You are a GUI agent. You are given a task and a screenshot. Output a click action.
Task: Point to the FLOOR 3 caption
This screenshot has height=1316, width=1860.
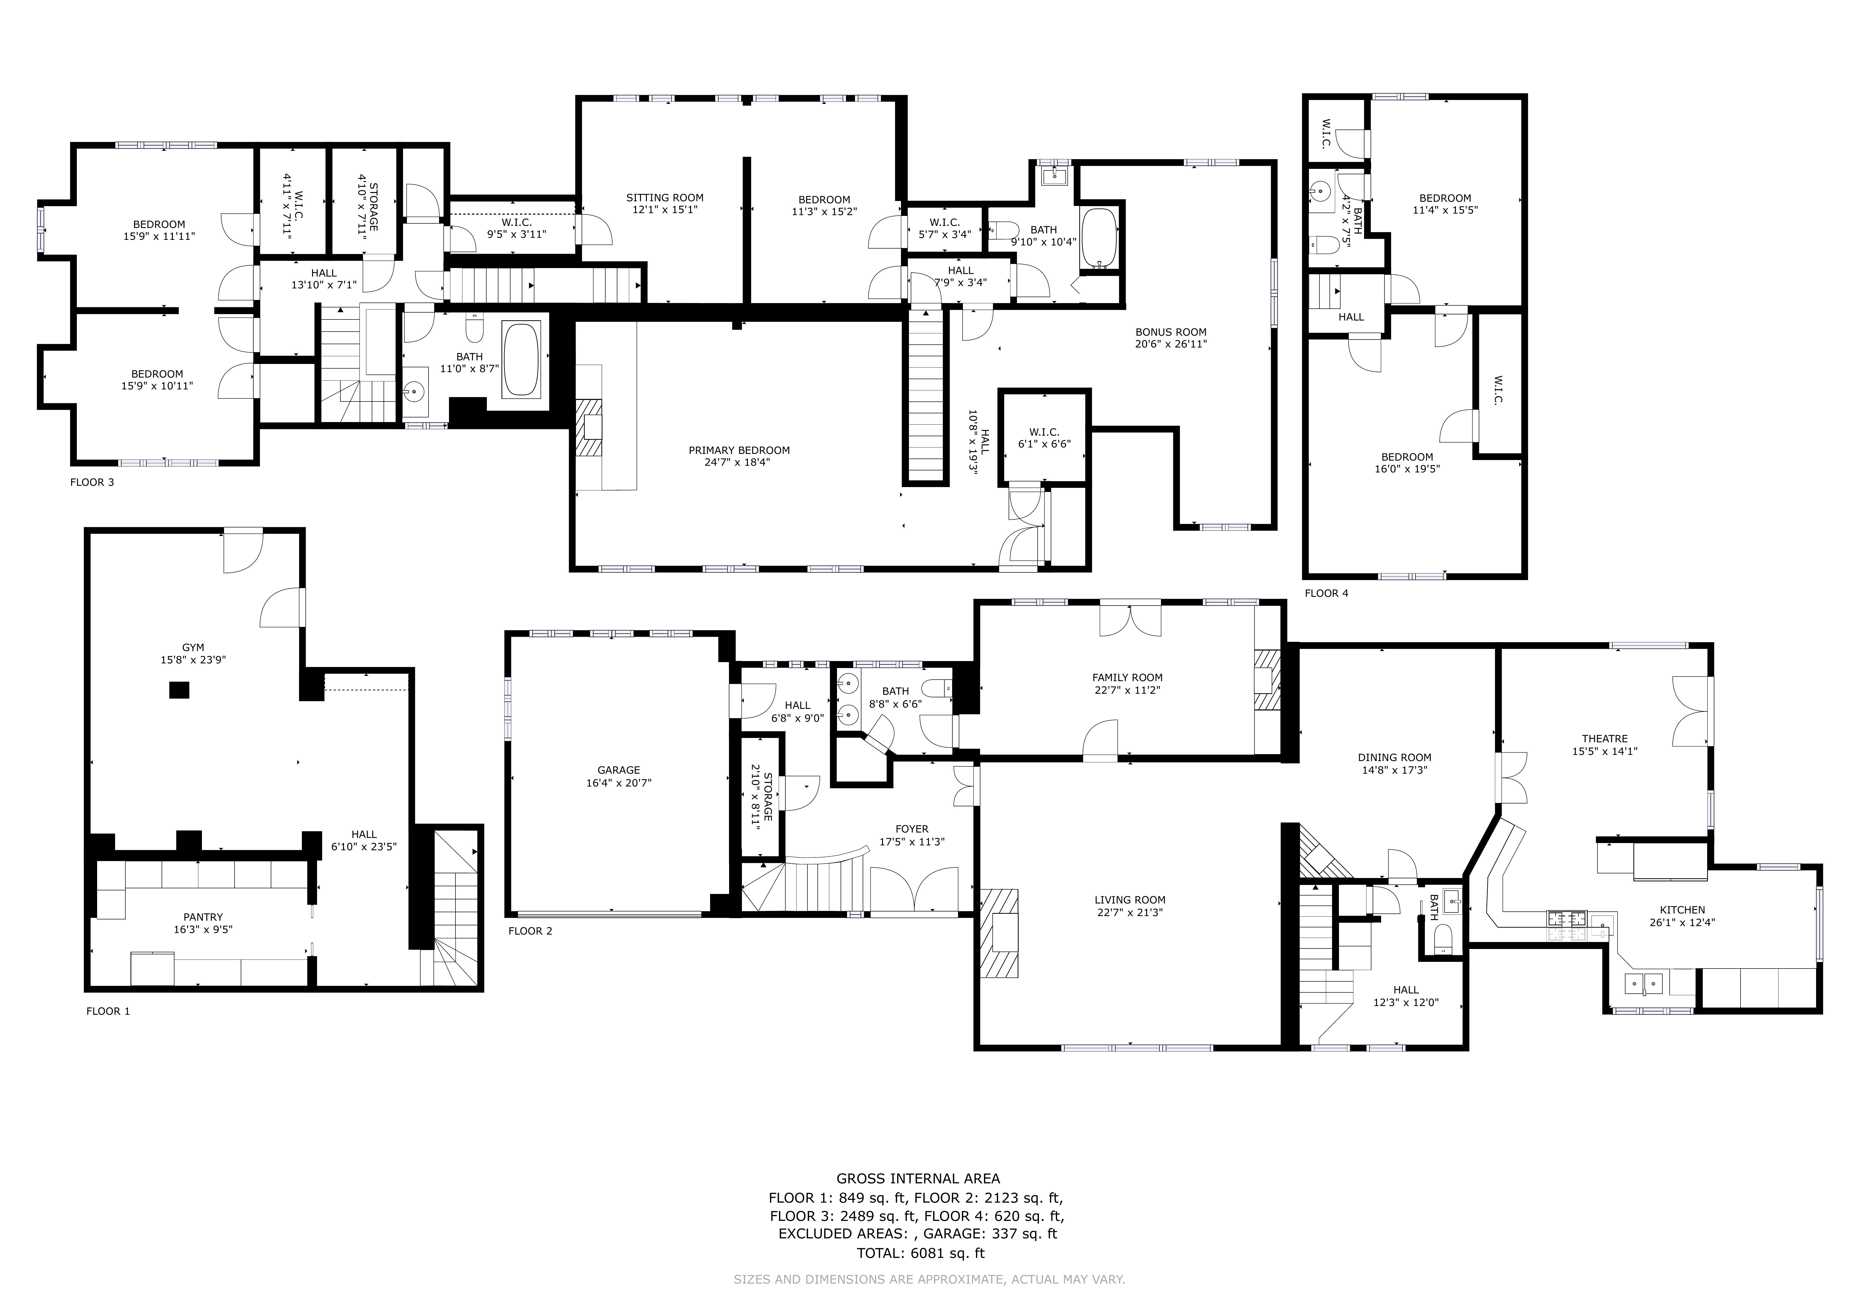(92, 482)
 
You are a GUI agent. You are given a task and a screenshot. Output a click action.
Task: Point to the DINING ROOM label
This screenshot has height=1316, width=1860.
(1395, 758)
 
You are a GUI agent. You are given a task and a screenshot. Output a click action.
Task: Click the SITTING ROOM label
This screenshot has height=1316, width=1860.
(664, 198)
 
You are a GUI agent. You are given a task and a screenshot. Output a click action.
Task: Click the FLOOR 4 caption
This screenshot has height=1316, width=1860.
(1326, 593)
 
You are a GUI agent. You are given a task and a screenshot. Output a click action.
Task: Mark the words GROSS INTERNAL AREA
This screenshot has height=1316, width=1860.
(918, 1179)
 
